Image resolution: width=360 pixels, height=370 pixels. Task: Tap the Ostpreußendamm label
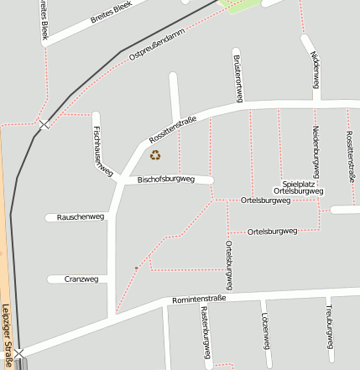[157, 54]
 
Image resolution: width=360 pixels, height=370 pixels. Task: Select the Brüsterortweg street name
[239, 76]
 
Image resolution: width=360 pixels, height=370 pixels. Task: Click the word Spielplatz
[299, 183]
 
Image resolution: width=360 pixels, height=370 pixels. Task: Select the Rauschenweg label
[80, 216]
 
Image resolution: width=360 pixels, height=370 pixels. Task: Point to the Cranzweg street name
[82, 279]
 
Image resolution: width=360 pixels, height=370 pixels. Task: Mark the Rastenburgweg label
[205, 331]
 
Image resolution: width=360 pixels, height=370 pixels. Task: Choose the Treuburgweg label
[330, 326]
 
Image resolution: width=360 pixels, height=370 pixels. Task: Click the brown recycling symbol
[154, 154]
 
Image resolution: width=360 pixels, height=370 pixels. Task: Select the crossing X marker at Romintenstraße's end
[18, 353]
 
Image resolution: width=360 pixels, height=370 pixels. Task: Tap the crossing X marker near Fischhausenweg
[44, 124]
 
